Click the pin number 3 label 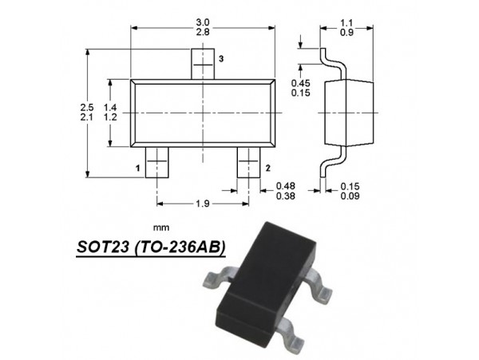[221, 60]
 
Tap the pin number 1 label [138, 168]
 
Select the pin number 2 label [267, 168]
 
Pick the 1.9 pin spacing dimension [202, 204]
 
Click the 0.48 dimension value [284, 185]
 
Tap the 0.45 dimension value [300, 84]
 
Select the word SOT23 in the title [102, 247]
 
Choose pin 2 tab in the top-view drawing [248, 162]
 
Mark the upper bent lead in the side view [329, 62]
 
